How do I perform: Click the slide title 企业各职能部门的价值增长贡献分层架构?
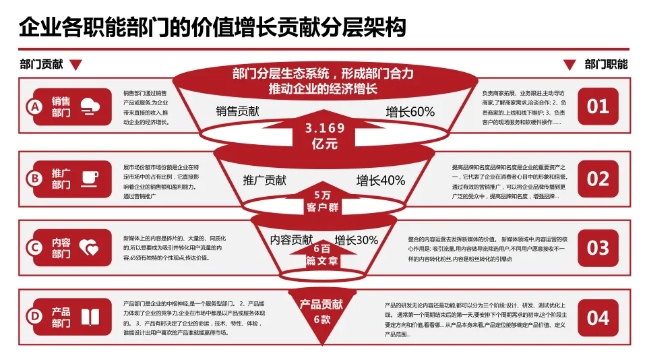click(x=212, y=28)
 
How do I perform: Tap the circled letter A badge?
click(x=33, y=107)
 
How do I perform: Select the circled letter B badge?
click(x=33, y=179)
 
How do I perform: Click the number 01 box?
click(x=598, y=107)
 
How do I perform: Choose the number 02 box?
click(x=598, y=179)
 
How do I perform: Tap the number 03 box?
click(x=598, y=248)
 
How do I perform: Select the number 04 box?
click(x=598, y=317)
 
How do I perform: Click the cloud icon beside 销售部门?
click(x=90, y=107)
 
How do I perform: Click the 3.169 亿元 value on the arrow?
click(x=325, y=135)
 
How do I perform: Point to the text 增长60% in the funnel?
click(x=410, y=112)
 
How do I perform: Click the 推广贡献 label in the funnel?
click(x=264, y=180)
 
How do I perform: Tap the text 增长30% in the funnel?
click(x=357, y=240)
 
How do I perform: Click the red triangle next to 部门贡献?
click(x=76, y=65)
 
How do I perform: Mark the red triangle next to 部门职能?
click(x=569, y=65)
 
